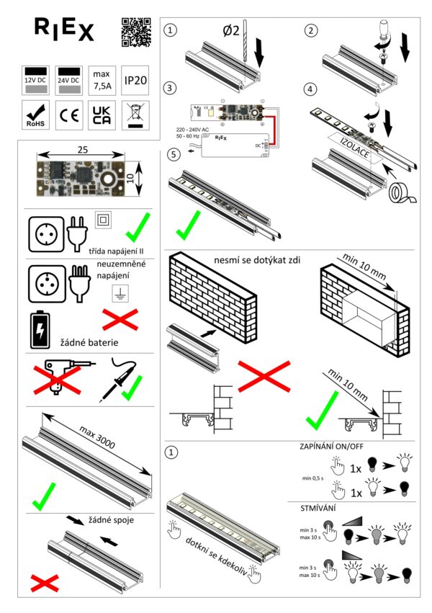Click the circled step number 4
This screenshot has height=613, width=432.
coord(310,90)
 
